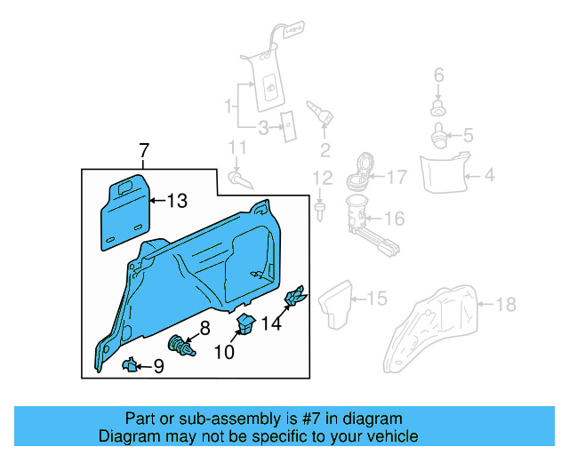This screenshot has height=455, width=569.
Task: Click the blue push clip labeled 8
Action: (x=181, y=344)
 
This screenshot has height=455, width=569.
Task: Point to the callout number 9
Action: (x=158, y=365)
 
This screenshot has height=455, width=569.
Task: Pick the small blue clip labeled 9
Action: (x=129, y=363)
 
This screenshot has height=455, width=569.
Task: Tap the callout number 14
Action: (x=271, y=324)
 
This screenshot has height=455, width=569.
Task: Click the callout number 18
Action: (x=505, y=305)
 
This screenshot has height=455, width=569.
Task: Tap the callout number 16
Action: (x=394, y=218)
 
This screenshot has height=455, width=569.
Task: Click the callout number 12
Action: (x=320, y=177)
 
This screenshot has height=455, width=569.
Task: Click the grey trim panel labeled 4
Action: (x=442, y=173)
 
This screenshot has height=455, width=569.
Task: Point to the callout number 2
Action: (x=325, y=148)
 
